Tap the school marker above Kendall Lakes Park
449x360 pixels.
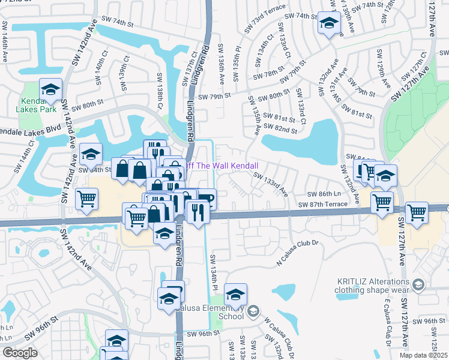50,90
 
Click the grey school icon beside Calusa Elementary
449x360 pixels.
253,310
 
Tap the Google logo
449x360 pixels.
20,353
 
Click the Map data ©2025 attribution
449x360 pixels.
424,355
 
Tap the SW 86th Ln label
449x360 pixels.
324,194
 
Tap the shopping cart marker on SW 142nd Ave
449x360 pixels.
87,199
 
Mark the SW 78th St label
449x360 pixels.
268,76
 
